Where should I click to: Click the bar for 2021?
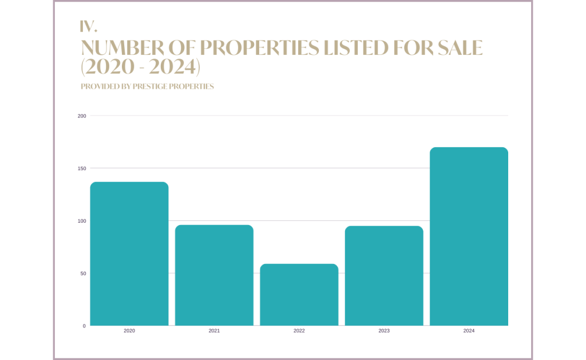coord(214,275)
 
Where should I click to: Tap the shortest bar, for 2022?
coord(299,295)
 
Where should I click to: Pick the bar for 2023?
coord(384,276)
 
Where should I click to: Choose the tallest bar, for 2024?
coord(469,236)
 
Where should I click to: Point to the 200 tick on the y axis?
coord(82,116)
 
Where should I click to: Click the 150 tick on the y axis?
coord(82,168)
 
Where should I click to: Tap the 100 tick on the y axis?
coord(82,221)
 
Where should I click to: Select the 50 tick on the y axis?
coord(83,274)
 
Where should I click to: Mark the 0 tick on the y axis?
coord(84,326)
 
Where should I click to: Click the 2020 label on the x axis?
coord(129,331)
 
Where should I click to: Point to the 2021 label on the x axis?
coord(214,331)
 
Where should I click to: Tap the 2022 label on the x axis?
coord(299,331)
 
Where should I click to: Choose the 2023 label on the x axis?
coord(384,331)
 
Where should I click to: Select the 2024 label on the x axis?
coord(469,331)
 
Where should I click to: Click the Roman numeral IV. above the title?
coord(89,26)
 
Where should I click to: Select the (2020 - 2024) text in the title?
coord(141,67)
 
